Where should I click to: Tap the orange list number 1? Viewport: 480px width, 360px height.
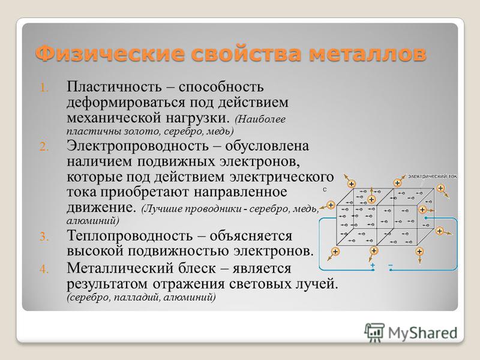click(x=44, y=88)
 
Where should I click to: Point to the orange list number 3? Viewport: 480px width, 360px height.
click(x=44, y=236)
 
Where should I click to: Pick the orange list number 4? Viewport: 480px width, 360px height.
click(x=44, y=269)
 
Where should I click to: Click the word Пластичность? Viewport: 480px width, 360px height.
click(x=114, y=86)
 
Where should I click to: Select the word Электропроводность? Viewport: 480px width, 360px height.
click(x=138, y=146)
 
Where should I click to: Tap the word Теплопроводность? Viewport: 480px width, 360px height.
click(x=130, y=236)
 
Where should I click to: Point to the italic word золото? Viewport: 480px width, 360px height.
click(x=142, y=131)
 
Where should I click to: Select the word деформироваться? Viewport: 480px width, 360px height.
click(x=126, y=103)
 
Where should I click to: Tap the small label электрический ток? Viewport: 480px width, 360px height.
click(x=432, y=176)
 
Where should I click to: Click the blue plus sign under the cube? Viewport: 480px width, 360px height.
click(x=373, y=265)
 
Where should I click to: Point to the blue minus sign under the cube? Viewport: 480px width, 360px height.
click(x=391, y=265)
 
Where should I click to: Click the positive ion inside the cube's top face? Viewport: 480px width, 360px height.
click(x=371, y=200)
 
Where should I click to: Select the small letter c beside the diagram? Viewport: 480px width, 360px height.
click(x=325, y=190)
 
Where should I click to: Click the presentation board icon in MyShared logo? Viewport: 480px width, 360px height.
click(x=374, y=332)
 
